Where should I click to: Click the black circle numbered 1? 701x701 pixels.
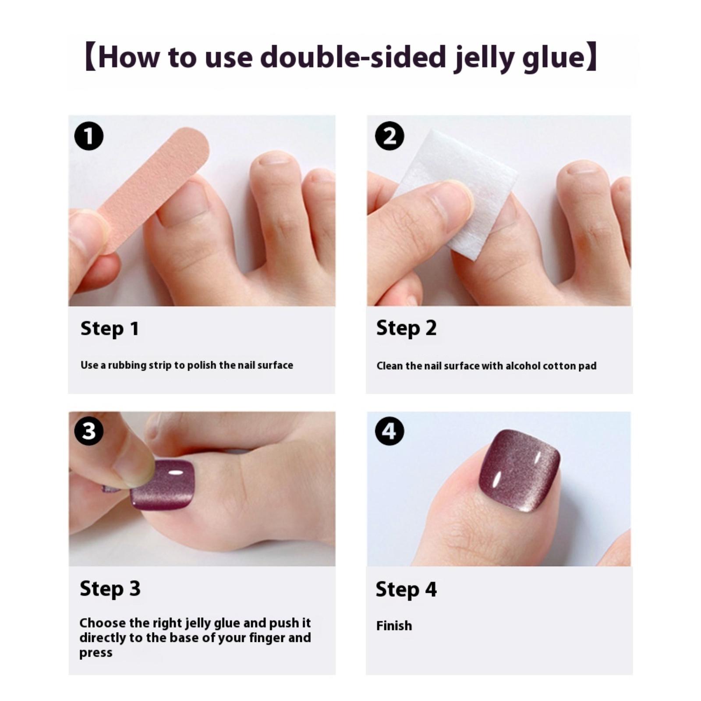tap(89, 136)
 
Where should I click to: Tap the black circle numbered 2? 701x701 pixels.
tap(389, 136)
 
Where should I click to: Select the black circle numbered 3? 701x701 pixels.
tap(89, 431)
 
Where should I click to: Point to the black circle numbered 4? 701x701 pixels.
tap(389, 431)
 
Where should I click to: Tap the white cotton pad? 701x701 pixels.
tap(456, 193)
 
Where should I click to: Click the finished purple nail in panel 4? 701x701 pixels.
tap(520, 472)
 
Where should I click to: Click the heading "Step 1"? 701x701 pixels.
tap(110, 329)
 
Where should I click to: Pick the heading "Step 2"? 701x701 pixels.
tap(406, 328)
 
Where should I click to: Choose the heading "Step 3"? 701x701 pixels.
tap(110, 589)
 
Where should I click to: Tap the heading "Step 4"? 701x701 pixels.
tap(406, 589)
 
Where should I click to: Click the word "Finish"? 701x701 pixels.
tap(394, 626)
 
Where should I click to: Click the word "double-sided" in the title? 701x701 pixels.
tap(353, 57)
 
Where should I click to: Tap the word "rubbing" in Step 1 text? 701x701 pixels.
tap(127, 365)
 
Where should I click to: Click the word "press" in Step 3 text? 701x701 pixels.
tap(96, 653)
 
